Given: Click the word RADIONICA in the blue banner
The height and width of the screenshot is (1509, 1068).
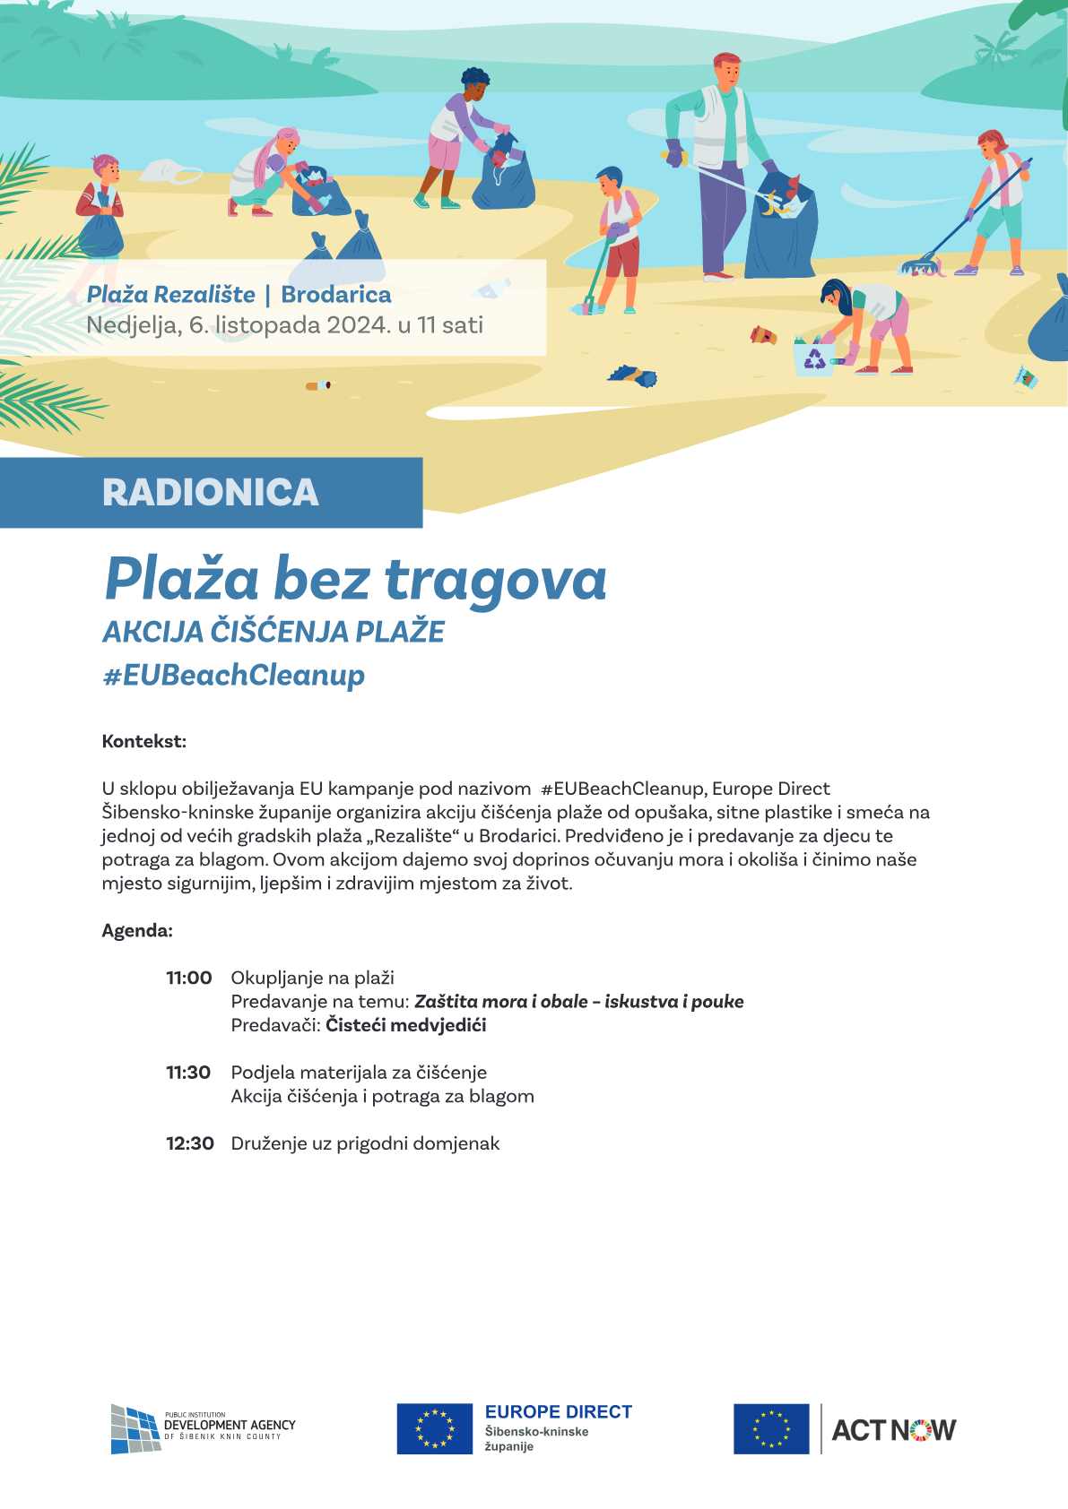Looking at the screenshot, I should [211, 492].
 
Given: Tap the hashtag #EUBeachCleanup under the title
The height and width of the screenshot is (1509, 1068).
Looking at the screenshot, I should [234, 675].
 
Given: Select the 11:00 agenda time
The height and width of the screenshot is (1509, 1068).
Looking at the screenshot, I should [189, 978].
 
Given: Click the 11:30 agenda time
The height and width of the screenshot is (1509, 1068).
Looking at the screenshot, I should [188, 1073].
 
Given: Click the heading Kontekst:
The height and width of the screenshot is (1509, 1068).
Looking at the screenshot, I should [143, 742].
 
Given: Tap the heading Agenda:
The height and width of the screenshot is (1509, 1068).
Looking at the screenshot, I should [137, 930].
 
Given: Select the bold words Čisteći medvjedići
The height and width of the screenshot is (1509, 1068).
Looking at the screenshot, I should [405, 1025].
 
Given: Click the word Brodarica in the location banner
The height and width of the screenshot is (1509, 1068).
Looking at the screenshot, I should [336, 295].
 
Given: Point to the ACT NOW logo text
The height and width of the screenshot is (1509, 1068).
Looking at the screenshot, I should [893, 1429].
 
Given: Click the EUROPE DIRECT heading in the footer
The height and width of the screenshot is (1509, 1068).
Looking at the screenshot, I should [558, 1412].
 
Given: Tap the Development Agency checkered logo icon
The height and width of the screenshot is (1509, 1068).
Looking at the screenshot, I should [135, 1428].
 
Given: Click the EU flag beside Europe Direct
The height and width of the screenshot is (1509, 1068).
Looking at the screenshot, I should [435, 1428].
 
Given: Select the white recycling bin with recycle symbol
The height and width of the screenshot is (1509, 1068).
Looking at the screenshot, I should [814, 358].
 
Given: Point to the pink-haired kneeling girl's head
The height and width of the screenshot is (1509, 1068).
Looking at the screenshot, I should [287, 141].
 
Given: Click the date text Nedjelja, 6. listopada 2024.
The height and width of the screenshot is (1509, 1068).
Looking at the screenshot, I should [239, 325].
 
